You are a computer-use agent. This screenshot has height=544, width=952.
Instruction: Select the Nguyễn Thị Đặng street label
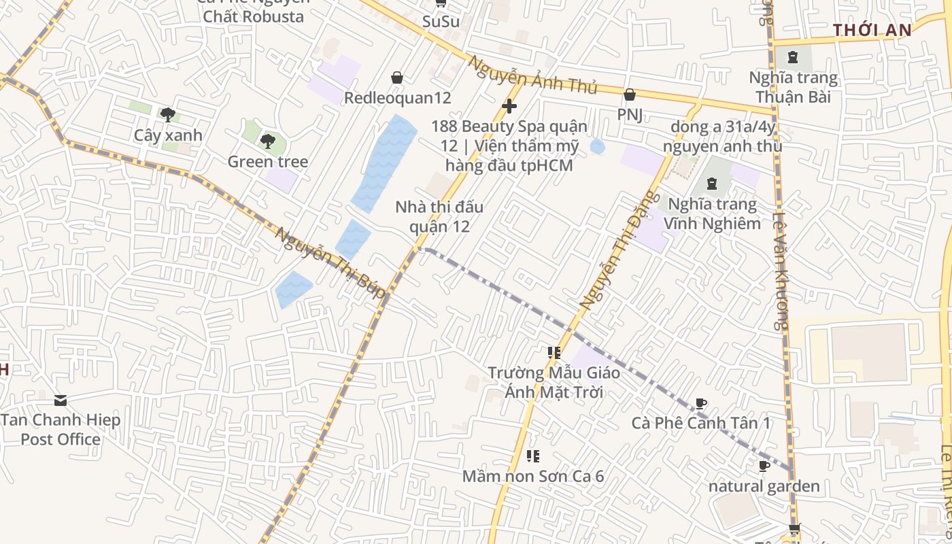619,251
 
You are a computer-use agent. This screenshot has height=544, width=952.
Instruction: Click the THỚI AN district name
872,30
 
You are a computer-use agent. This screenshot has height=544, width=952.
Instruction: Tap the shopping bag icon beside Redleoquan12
397,78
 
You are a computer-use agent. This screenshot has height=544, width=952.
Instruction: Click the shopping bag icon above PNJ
630,95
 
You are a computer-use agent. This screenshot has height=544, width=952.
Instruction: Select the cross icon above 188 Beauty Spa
509,106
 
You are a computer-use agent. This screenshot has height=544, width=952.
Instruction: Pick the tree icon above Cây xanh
167,114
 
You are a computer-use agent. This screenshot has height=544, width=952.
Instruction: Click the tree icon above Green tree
268,141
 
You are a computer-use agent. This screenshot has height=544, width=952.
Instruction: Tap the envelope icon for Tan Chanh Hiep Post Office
61,400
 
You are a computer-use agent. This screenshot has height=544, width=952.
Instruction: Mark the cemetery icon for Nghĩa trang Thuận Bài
793,57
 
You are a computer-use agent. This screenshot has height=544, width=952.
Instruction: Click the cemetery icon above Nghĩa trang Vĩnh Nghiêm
711,184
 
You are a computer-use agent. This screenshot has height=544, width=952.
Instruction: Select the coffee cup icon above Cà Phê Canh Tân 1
701,404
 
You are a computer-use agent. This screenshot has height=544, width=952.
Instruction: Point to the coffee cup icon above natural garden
764,466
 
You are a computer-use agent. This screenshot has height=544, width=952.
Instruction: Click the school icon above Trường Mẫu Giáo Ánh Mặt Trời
554,353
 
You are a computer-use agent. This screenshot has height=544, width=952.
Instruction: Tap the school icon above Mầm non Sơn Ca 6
533,456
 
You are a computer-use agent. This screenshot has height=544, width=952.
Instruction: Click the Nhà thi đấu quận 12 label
439,216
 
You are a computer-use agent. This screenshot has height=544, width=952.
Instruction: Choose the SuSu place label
441,21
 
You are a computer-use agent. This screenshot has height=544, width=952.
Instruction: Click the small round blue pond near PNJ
598,146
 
